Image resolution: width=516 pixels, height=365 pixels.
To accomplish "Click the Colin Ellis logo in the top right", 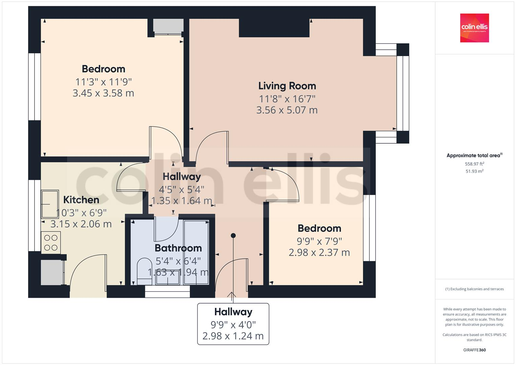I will point(474,28).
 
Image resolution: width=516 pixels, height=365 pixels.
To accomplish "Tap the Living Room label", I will point(287,86).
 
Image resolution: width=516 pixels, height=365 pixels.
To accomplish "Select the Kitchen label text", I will point(81,200).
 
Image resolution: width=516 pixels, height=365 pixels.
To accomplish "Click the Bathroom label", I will point(178,248).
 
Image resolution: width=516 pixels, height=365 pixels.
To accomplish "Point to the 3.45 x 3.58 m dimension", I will point(103,93).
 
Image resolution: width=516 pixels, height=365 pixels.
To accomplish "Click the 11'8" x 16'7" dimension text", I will point(287,99).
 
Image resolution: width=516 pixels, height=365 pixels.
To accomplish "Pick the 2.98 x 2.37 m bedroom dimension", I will point(319,252).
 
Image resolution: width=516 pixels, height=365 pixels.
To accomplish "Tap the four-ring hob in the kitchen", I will point(51,243).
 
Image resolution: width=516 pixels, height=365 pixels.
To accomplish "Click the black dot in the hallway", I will point(233,235).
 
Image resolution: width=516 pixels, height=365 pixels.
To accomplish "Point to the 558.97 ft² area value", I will point(474,164).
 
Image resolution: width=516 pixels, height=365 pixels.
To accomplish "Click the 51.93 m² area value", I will point(474,171).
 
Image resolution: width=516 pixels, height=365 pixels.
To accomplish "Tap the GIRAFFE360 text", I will point(474,350).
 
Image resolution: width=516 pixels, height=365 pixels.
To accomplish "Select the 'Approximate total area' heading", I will point(474,155).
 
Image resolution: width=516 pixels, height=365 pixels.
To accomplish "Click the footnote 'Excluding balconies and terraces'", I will point(474,289).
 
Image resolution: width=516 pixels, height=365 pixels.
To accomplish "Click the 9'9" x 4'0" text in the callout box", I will point(233,325).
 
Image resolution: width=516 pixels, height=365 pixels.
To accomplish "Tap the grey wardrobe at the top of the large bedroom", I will point(168,26).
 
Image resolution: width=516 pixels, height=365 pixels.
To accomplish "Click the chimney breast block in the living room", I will point(274,28).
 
